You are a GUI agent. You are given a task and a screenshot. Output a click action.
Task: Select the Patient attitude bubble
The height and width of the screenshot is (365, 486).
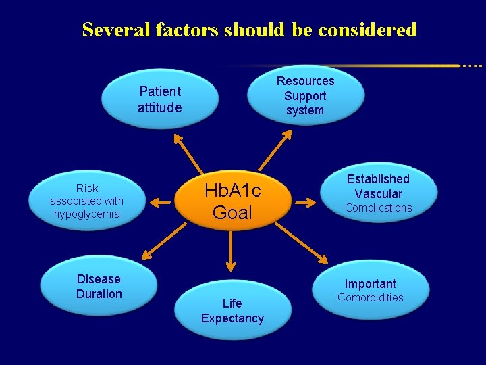(160, 99)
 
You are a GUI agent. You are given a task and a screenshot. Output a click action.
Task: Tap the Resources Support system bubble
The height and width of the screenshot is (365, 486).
(305, 95)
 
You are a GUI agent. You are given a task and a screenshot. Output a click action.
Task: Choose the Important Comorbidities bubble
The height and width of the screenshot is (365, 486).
(370, 291)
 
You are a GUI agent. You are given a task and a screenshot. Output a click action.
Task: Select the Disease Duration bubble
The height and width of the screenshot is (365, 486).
(99, 287)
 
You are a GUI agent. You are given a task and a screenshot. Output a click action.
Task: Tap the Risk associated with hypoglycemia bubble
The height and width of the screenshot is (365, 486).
(86, 201)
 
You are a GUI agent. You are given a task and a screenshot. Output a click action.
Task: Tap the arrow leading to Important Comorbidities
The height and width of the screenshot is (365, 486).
(302, 243)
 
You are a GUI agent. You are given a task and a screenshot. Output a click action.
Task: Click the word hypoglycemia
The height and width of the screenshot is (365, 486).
(86, 214)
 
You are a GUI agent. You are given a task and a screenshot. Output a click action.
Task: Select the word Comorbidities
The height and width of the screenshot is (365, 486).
(370, 298)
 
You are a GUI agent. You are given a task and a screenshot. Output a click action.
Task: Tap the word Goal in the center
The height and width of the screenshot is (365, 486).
(232, 212)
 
